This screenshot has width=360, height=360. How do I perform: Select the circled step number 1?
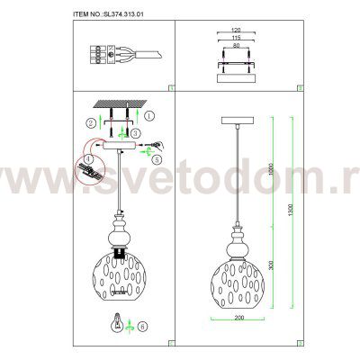click(149, 114)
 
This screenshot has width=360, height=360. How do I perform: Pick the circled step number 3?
click(135, 133)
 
